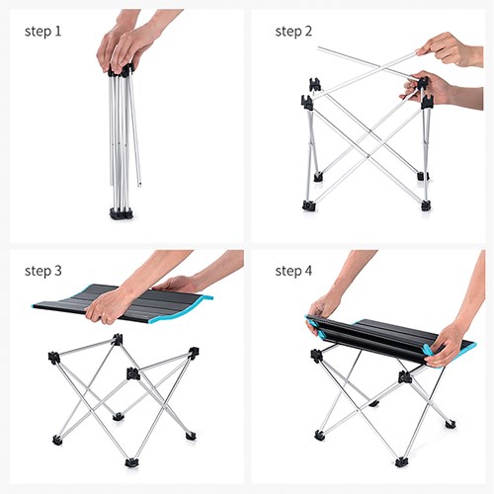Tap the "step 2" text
pyautogui.click(x=293, y=31)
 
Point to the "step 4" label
pyautogui.click(x=293, y=270)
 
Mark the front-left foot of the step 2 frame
pyautogui.click(x=309, y=206)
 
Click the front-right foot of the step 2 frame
pyautogui.click(x=426, y=206)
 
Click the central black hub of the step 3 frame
pyautogui.click(x=131, y=373)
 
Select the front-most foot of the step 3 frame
pyautogui.click(x=130, y=460)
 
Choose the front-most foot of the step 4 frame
pyautogui.click(x=401, y=460)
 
